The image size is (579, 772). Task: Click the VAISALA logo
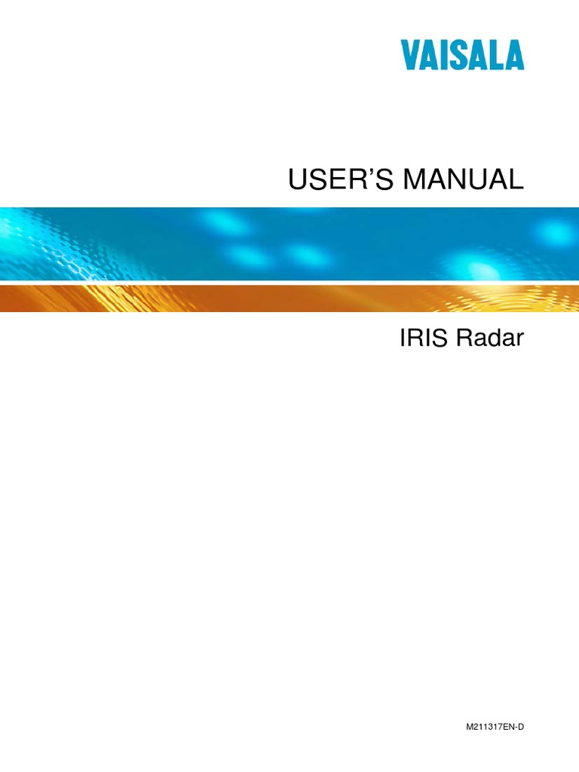473,57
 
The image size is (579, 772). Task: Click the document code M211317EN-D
494,725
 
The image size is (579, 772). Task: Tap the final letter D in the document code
519,725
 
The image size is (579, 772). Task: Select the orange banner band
226,299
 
